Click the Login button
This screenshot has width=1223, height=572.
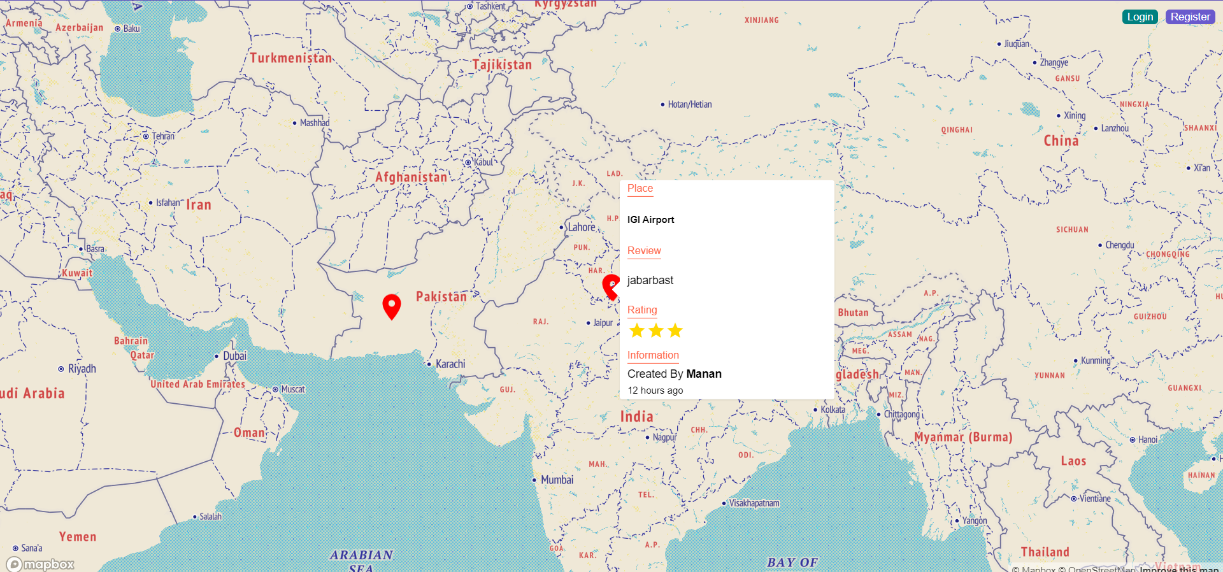tap(1140, 17)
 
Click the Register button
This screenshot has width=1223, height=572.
tap(1190, 17)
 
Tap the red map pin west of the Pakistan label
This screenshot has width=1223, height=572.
tap(391, 306)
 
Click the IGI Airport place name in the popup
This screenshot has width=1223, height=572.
tap(650, 220)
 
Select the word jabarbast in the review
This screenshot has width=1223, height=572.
tap(650, 280)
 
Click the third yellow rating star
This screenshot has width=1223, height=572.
tap(675, 331)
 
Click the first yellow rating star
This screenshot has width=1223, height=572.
tap(636, 331)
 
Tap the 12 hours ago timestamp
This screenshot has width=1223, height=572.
tap(655, 390)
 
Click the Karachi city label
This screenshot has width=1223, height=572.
tap(450, 364)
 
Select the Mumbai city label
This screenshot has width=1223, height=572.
tap(557, 480)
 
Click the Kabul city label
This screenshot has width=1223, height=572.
tap(483, 162)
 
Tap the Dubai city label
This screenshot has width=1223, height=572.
tap(234, 356)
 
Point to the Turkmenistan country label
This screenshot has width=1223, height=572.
tap(290, 58)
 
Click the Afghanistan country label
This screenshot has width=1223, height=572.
tap(411, 177)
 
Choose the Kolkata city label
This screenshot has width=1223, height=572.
tap(833, 410)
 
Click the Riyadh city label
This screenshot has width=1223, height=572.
tap(82, 369)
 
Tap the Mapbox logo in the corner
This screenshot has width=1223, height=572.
tap(41, 564)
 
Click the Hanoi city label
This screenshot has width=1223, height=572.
tap(1147, 440)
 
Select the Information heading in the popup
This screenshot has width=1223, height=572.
tap(653, 355)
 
